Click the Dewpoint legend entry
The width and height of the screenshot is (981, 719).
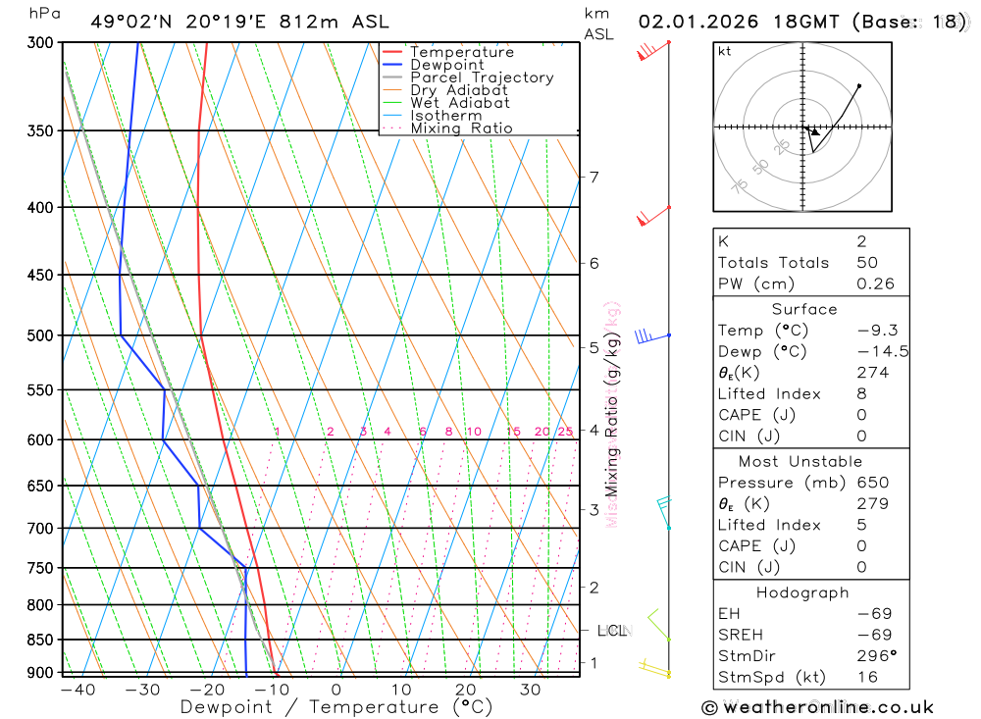[446, 65]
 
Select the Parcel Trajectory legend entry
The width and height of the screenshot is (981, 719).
[482, 77]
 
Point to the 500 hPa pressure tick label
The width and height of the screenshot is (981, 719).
[38, 335]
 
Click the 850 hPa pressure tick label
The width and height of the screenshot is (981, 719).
[38, 640]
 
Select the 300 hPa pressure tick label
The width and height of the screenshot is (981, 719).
[38, 43]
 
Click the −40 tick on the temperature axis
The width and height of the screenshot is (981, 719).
[77, 690]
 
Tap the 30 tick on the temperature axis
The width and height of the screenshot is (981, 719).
[531, 690]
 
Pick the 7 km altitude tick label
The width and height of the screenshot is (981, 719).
[594, 178]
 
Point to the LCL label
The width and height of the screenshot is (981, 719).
[612, 631]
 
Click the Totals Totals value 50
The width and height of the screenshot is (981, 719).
[866, 263]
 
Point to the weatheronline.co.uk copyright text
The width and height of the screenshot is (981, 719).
[818, 706]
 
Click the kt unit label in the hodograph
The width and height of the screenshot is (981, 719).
[725, 51]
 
